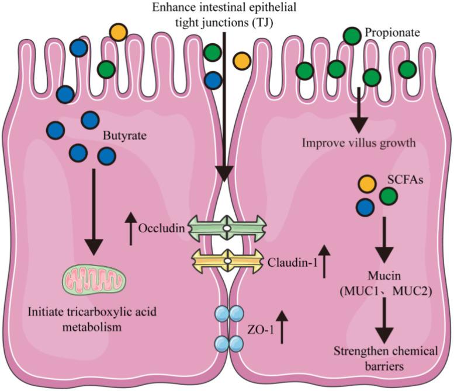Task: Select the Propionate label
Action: click(x=392, y=34)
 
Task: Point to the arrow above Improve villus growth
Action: click(x=358, y=109)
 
